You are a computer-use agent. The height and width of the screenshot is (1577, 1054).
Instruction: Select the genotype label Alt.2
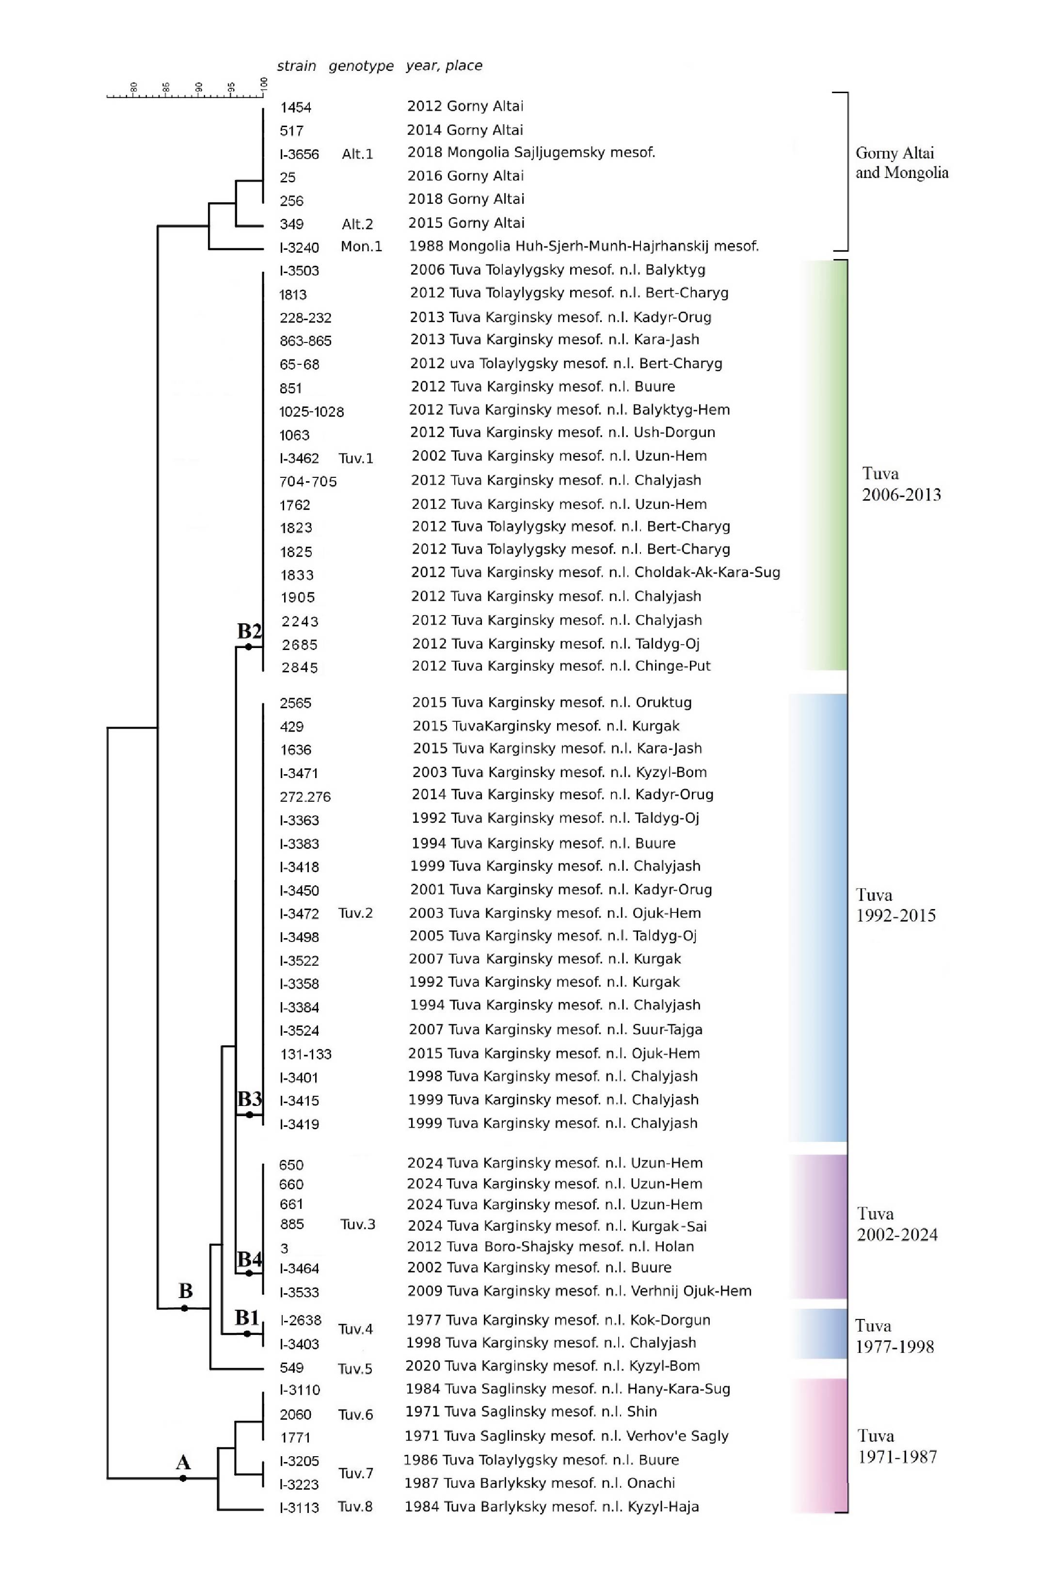point(357,224)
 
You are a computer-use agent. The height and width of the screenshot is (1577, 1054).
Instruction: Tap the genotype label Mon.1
point(361,247)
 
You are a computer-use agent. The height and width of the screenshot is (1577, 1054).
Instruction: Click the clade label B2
point(249,631)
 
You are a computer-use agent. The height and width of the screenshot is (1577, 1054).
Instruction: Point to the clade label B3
point(249,1099)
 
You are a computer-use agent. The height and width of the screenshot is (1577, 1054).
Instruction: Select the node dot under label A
point(183,1478)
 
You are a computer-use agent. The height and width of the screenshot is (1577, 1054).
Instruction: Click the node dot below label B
point(185,1308)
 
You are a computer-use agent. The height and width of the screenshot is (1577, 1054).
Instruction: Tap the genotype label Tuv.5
point(355,1368)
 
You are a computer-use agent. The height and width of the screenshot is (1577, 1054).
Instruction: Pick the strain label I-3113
point(299,1508)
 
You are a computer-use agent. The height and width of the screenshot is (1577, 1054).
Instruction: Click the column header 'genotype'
point(361,66)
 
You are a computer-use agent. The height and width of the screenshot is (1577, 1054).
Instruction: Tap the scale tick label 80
point(134,87)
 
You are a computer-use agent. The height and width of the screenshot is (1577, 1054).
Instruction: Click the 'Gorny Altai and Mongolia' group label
point(901,163)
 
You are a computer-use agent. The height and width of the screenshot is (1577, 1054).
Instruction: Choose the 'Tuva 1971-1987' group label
point(897,1446)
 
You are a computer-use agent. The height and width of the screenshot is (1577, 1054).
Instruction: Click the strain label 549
point(292,1368)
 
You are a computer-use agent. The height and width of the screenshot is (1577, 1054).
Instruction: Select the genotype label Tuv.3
point(358,1224)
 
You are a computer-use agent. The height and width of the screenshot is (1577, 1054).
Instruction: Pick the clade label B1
point(247,1317)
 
